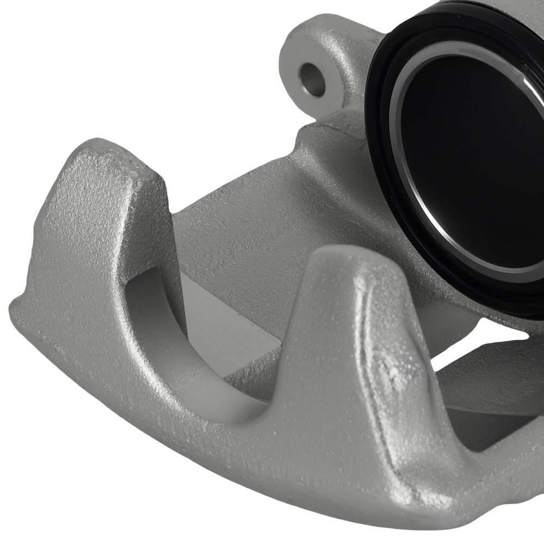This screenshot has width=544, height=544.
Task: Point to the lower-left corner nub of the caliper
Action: pyautogui.click(x=19, y=310)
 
